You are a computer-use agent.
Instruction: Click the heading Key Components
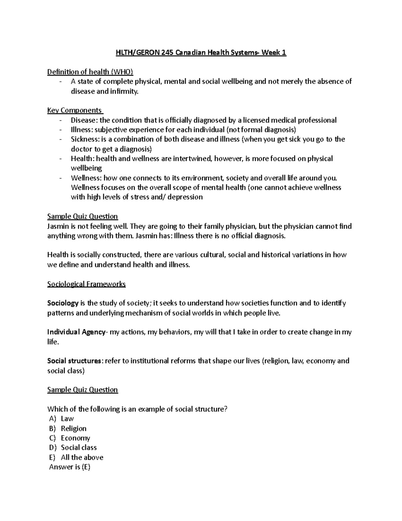pos(75,110)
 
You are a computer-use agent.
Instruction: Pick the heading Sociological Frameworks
pos(86,284)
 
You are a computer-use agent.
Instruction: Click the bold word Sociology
pos(63,303)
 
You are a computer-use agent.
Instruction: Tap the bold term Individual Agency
pos(76,332)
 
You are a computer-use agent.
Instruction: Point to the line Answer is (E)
pos(70,467)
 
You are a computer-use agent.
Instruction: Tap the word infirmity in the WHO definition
pos(124,91)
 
